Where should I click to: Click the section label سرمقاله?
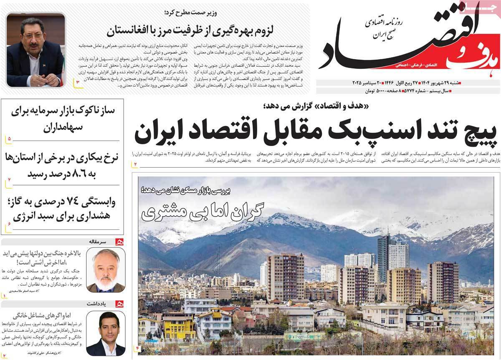(99, 241)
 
